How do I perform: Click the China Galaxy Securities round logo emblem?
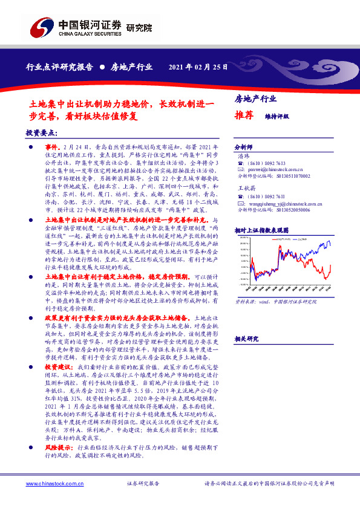[x=41, y=28]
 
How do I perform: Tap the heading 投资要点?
[x=42, y=132]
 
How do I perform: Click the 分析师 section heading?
[x=243, y=147]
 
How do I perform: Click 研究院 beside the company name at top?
[x=140, y=27]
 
